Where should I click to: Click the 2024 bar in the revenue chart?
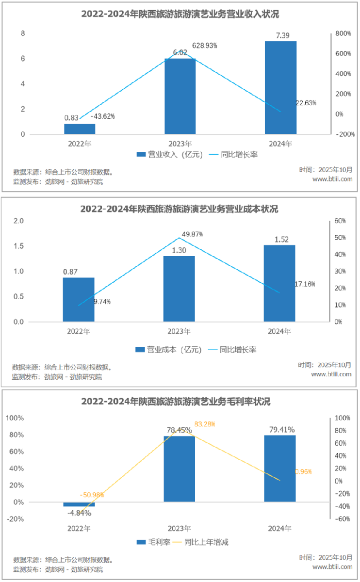point(280,87)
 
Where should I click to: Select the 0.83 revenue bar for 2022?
point(80,129)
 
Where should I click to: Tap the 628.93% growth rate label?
point(205,45)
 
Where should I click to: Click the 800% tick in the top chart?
point(341,33)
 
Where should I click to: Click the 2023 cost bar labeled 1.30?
point(179,289)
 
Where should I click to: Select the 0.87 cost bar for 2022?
point(79,299)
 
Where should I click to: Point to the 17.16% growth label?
point(305,284)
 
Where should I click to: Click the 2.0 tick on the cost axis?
point(18,221)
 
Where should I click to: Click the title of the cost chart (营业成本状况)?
point(180,210)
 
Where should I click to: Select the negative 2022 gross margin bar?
point(79,504)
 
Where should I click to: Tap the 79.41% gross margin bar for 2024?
point(280,468)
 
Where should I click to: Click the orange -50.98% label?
point(92,495)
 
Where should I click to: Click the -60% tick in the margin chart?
point(342,519)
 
